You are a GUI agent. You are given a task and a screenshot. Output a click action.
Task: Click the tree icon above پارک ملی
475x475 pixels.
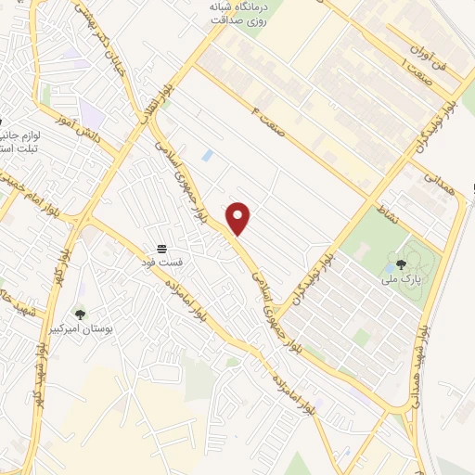pos(400,263)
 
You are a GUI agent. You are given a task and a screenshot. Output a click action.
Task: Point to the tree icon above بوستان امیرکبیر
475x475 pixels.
pos(80,315)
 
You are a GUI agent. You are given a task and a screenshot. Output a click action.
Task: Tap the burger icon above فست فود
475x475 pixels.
pos(162,249)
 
